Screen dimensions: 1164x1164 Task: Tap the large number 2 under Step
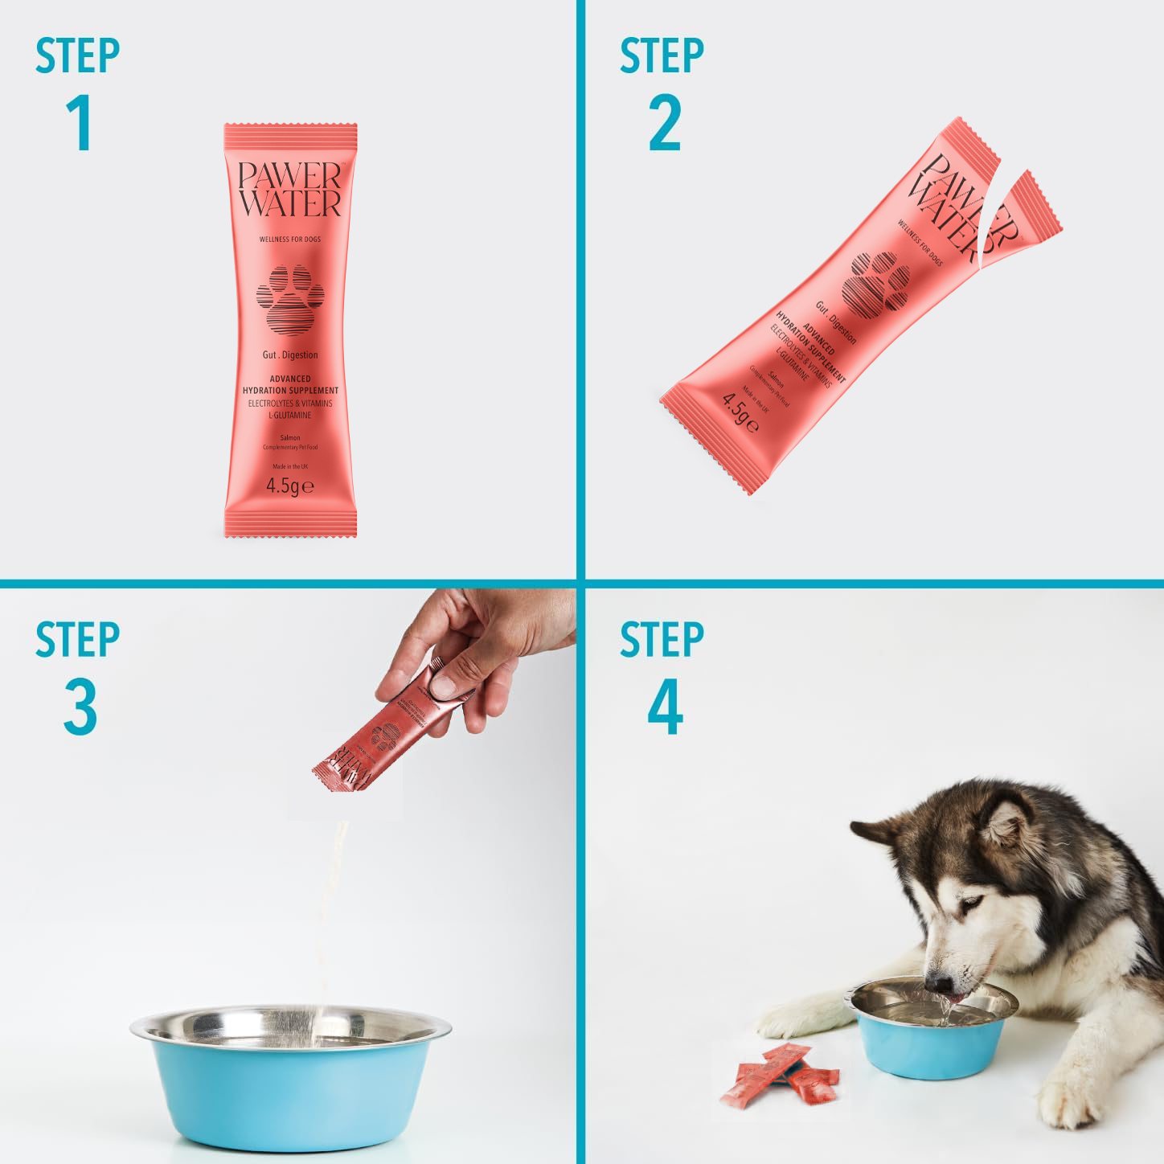[x=665, y=123]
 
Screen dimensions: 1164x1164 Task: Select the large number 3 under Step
[x=80, y=707]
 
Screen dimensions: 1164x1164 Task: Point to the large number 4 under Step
[x=665, y=707]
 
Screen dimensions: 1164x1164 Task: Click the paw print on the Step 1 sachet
[x=290, y=299]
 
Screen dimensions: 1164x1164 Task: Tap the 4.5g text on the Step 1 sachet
[x=289, y=486]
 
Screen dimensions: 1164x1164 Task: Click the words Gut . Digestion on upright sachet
[x=290, y=355]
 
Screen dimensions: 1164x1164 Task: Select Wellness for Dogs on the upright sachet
[x=290, y=239]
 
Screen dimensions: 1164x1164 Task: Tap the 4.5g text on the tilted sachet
[x=739, y=412]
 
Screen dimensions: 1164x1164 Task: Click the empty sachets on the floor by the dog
[x=780, y=1073]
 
